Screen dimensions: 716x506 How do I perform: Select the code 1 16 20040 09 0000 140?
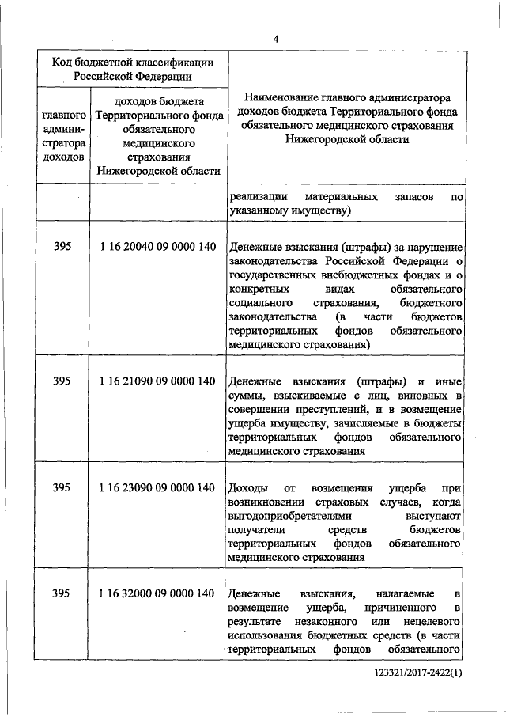[x=158, y=247]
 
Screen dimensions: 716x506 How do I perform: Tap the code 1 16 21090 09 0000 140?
[x=158, y=381]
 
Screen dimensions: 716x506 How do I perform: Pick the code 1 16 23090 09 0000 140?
[x=158, y=487]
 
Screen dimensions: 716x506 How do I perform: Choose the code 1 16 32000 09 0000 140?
[x=158, y=593]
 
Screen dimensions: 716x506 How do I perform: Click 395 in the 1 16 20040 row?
[x=62, y=247]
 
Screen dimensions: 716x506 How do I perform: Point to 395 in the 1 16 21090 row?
[x=62, y=381]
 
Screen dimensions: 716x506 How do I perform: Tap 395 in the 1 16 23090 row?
[x=62, y=487]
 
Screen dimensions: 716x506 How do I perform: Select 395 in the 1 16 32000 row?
[x=62, y=593]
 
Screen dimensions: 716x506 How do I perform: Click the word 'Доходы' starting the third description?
[x=246, y=487]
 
